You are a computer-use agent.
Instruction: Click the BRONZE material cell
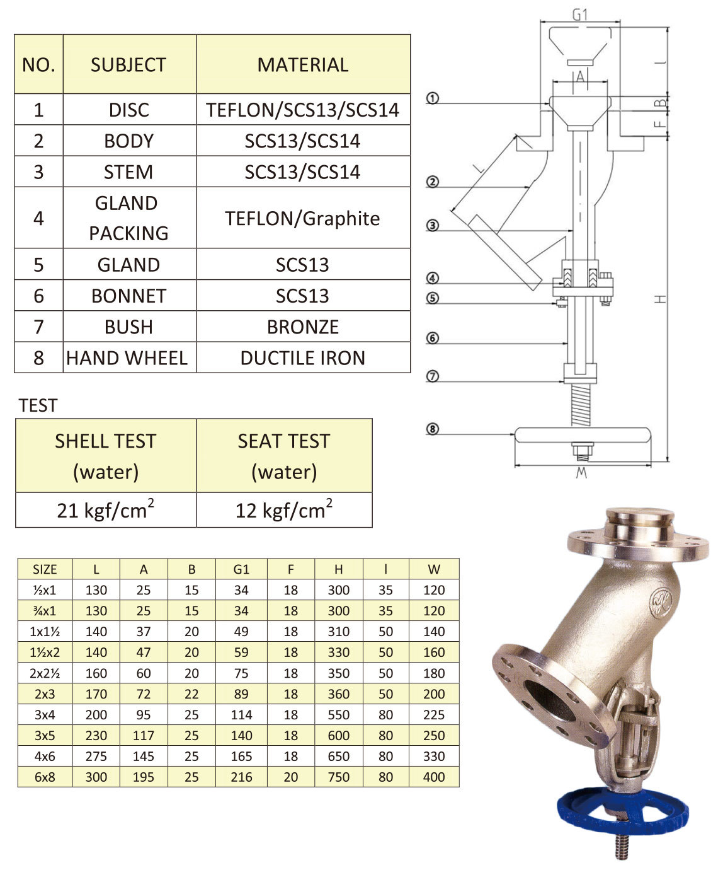pos(302,327)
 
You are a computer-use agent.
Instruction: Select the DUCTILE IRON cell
pos(302,358)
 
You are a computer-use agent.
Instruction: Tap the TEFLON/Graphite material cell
pos(302,218)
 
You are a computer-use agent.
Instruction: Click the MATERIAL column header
pos(302,64)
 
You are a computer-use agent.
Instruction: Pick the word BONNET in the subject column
pos(128,296)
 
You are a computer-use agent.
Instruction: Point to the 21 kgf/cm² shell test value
pos(106,509)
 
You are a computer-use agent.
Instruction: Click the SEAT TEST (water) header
pos(284,456)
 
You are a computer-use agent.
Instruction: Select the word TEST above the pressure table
pos(38,405)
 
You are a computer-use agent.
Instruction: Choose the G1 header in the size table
pos(241,569)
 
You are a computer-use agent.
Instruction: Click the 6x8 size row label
pos(45,777)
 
